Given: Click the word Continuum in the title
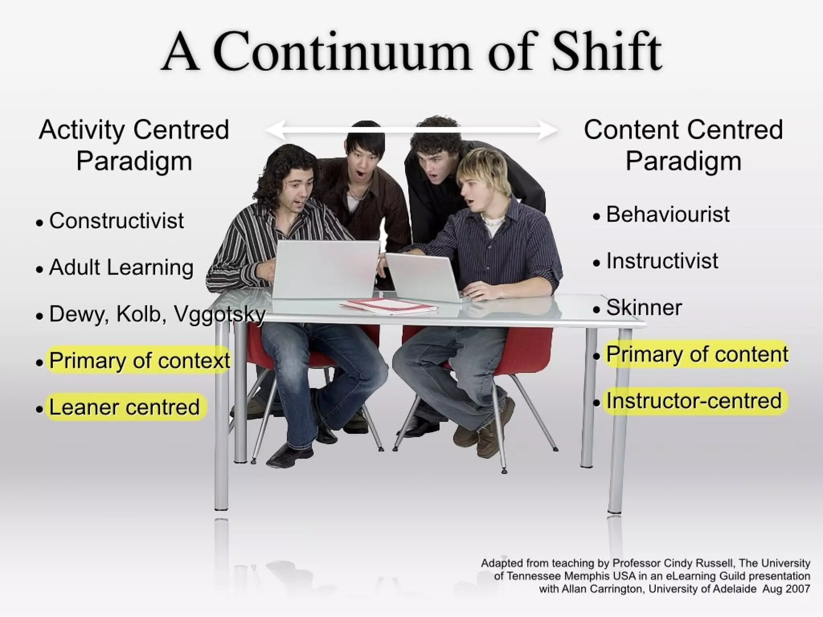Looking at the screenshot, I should tap(342, 52).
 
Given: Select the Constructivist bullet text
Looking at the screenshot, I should tap(116, 221).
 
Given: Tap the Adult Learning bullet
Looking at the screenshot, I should tap(121, 267).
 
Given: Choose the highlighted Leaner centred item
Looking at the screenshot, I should tap(124, 407).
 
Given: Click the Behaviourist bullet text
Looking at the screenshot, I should tap(667, 214).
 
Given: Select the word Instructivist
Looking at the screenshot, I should tap(662, 261).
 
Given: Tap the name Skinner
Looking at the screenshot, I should tap(644, 308).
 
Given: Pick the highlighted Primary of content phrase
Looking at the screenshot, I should tap(697, 354).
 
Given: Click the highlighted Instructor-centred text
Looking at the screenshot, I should tap(694, 401).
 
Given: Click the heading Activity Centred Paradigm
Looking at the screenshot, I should tap(134, 145).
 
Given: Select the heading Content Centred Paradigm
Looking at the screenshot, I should tap(683, 145).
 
